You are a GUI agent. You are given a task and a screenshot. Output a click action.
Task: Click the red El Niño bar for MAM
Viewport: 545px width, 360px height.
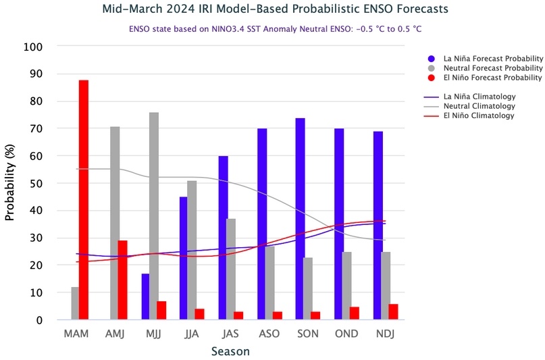click(x=84, y=200)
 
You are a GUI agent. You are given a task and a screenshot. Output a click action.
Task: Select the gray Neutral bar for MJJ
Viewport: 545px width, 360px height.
click(x=154, y=216)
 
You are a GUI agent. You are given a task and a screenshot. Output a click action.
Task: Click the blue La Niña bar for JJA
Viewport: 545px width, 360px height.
click(x=184, y=258)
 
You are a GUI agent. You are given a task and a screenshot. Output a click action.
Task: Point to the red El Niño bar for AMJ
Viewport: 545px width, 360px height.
click(x=122, y=280)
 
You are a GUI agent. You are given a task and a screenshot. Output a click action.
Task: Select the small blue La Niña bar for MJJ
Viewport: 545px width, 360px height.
click(x=145, y=297)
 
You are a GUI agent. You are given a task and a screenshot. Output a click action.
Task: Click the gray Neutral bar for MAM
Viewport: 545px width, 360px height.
click(x=75, y=303)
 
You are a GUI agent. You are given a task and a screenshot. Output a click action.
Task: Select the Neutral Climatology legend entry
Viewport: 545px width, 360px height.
click(x=479, y=106)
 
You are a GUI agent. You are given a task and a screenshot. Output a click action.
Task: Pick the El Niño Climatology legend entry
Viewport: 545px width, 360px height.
click(x=479, y=115)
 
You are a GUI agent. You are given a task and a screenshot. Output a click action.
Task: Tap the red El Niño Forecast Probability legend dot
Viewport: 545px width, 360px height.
click(x=432, y=78)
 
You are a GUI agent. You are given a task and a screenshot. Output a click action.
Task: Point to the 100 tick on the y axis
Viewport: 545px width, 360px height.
click(x=33, y=47)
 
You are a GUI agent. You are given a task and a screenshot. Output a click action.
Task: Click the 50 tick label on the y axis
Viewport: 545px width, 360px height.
click(x=36, y=184)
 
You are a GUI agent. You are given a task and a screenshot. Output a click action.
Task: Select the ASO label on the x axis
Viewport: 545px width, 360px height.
click(x=265, y=334)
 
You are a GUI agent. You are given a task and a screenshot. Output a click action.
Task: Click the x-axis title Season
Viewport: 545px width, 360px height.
click(x=230, y=351)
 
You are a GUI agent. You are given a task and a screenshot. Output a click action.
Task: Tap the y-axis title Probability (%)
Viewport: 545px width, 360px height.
click(x=9, y=184)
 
